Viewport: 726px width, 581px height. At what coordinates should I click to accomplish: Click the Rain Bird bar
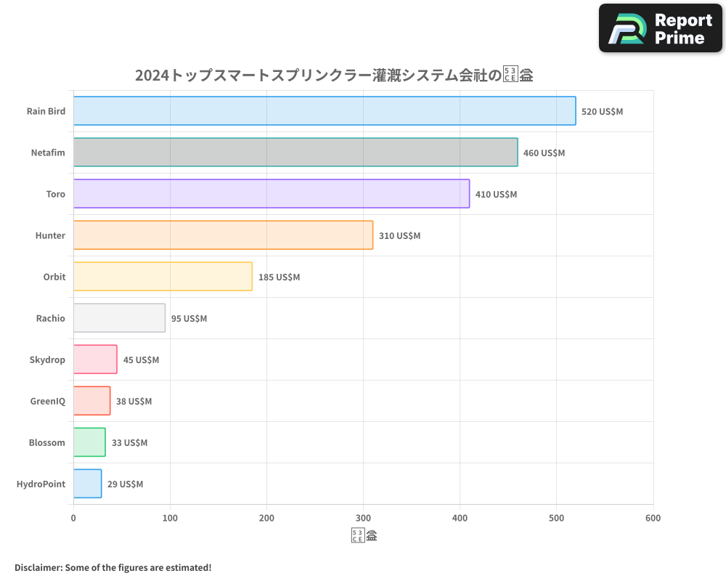click(325, 111)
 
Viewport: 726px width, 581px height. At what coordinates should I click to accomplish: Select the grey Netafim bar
click(295, 153)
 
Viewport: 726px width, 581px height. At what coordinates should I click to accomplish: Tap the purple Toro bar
click(272, 194)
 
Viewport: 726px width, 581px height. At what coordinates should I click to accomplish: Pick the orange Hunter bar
click(223, 235)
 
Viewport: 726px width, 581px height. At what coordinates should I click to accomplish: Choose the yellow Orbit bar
click(163, 277)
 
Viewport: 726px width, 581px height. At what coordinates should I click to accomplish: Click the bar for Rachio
click(119, 318)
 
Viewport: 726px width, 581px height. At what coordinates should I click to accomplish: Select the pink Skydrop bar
click(95, 359)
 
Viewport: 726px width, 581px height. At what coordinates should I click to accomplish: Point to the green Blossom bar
click(89, 442)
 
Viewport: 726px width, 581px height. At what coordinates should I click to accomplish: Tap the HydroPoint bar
click(87, 484)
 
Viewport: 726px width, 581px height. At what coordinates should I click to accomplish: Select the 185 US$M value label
click(279, 277)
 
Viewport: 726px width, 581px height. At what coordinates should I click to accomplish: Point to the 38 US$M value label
click(134, 402)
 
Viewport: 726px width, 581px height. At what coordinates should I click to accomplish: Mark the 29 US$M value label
click(125, 484)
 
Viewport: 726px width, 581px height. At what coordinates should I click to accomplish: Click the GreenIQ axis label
click(47, 402)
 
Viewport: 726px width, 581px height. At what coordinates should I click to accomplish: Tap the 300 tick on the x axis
click(363, 518)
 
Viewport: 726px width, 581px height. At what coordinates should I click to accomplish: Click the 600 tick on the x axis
click(653, 518)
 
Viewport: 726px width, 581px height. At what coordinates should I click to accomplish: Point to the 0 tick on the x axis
click(73, 518)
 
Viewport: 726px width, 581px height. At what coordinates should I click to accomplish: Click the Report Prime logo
click(660, 28)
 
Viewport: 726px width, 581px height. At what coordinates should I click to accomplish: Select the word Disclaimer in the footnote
click(38, 567)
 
